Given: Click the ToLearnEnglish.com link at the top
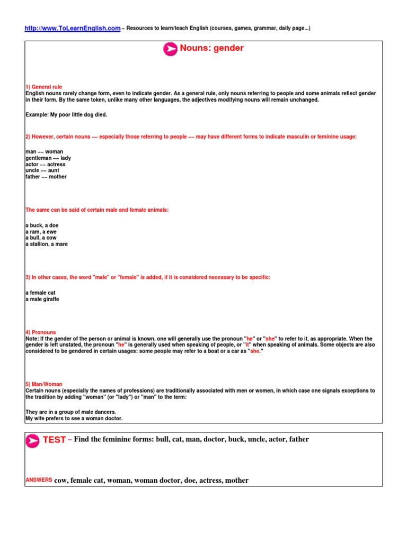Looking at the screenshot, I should (73, 28).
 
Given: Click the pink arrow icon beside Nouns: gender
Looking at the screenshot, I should (170, 49).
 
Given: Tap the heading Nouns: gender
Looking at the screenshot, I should (212, 48).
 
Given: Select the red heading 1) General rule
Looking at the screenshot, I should (43, 87).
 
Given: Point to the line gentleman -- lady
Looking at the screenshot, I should (48, 158).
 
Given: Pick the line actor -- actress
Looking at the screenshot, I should (46, 164).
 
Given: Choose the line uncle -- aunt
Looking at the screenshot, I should (42, 170).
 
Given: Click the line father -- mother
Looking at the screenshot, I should (46, 177).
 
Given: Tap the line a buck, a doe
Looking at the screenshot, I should (42, 225).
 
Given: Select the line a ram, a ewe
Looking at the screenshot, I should (41, 232).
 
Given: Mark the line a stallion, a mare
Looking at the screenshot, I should (47, 245).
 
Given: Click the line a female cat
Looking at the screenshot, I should (40, 293).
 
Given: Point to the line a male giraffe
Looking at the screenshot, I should (42, 299).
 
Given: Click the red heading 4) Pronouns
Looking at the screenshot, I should (40, 332).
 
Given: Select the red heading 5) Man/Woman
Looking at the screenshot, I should (45, 384).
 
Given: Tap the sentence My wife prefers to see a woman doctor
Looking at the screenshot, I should (74, 418).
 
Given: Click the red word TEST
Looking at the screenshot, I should (54, 440).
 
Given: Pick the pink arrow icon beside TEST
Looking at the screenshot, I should (32, 440).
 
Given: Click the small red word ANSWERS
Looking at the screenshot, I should (39, 480).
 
